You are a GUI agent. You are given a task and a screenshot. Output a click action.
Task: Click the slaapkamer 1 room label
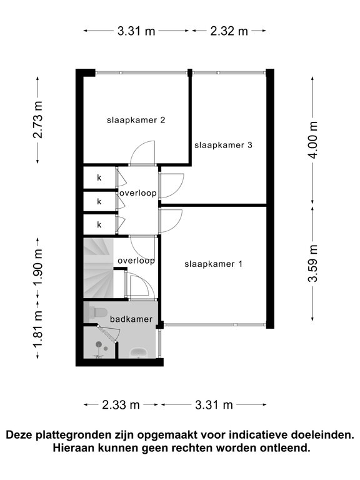213,264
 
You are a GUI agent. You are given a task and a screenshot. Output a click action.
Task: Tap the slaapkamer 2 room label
136,120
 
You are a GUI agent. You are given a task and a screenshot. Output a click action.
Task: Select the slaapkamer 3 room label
224,145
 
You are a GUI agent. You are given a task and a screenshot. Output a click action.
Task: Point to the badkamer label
131,319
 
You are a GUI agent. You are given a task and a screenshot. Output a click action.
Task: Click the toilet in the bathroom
96,312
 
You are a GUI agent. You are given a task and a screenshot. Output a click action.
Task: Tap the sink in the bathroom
139,352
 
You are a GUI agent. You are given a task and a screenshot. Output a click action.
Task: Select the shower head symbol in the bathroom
99,344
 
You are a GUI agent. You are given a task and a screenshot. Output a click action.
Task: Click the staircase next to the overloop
99,268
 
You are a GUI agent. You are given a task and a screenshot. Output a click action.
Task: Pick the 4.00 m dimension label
313,139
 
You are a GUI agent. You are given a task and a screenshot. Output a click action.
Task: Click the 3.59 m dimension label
313,264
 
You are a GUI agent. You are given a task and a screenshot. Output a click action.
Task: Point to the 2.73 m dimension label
38,120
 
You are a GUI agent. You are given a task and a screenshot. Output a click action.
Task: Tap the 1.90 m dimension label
38,267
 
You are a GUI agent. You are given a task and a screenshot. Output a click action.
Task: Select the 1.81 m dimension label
38,329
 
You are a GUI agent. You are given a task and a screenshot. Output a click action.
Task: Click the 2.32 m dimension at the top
229,31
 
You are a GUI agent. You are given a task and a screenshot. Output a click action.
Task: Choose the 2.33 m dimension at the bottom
121,405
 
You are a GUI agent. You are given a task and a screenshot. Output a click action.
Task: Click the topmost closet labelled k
99,177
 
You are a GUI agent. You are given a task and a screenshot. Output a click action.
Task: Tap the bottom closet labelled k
99,225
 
